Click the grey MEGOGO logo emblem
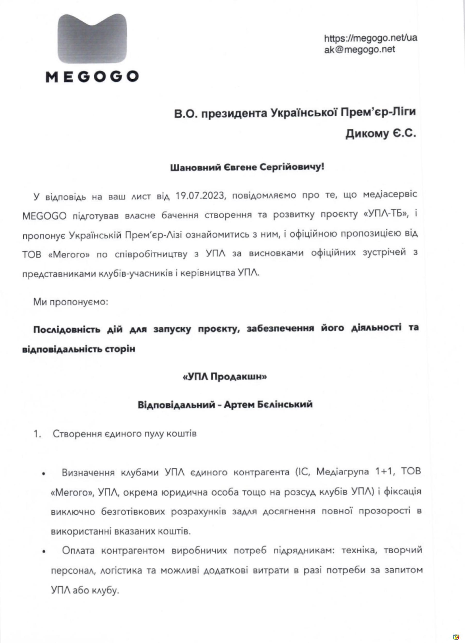pyautogui.click(x=92, y=38)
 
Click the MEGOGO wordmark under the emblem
pyautogui.click(x=92, y=77)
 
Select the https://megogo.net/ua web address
pyautogui.click(x=370, y=38)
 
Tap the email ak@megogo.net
pyautogui.click(x=359, y=49)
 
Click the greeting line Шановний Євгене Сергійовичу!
pyautogui.click(x=247, y=167)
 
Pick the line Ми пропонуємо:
pyautogui.click(x=71, y=302)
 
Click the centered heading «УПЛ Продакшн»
pyautogui.click(x=225, y=377)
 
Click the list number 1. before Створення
pyautogui.click(x=38, y=434)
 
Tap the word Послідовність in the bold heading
pyautogui.click(x=67, y=330)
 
